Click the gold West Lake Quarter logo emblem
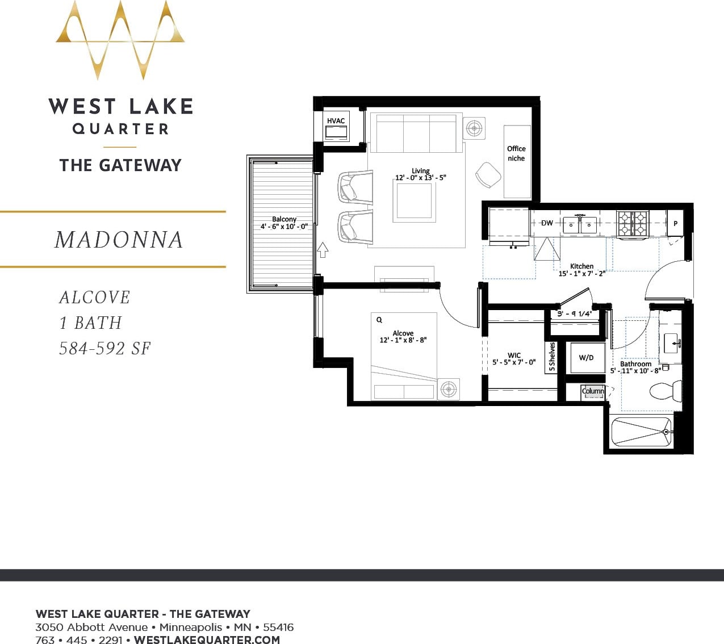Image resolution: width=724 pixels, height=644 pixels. (120, 40)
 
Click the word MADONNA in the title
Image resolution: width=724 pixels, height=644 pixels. (119, 240)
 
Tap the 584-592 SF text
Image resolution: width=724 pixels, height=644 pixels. (105, 348)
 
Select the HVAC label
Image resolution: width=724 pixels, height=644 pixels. (336, 121)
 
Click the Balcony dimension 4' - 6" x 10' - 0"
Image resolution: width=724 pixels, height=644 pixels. (284, 227)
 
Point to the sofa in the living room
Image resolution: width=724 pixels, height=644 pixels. (416, 134)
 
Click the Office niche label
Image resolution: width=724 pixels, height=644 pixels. (516, 153)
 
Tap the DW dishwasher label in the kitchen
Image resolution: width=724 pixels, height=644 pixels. (546, 223)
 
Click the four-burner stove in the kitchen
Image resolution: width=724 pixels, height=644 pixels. (633, 223)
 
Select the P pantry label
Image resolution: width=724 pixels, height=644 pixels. (675, 224)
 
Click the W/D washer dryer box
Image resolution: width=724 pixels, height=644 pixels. (587, 358)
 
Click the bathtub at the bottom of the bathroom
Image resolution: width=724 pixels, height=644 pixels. (641, 432)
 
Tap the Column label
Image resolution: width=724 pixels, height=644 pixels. (593, 391)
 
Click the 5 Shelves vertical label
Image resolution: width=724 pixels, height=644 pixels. (551, 357)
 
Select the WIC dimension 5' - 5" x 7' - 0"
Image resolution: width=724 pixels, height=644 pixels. (514, 362)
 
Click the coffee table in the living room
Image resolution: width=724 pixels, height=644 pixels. (415, 202)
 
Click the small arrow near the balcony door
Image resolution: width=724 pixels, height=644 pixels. (323, 249)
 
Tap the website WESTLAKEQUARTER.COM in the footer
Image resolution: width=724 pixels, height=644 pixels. (207, 639)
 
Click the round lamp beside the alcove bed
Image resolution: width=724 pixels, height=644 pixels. (449, 389)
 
